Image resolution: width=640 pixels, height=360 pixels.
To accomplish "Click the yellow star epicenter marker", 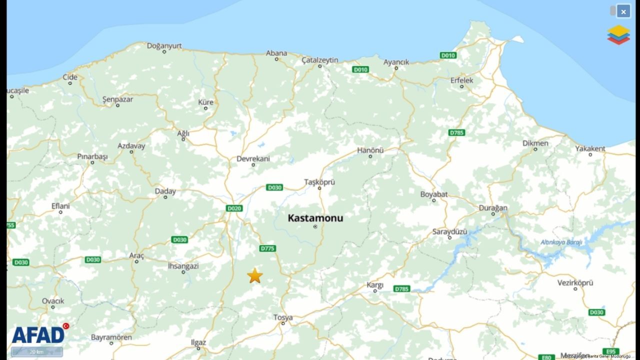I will coord(255,275).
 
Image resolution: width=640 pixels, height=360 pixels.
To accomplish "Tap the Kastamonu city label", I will coord(315,218).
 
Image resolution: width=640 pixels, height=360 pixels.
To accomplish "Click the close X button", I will coord(623,11).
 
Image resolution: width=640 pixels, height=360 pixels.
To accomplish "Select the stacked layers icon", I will coord(618,35).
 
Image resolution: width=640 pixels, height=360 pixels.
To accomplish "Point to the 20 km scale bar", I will coord(37,351).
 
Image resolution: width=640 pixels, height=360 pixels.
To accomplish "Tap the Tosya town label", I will coord(283,317).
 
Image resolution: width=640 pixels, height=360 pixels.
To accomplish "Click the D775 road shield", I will coord(268,248).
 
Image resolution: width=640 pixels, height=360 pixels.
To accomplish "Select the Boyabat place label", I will coord(434,194).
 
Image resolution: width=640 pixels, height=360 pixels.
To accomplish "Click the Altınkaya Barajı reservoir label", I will coord(561,242).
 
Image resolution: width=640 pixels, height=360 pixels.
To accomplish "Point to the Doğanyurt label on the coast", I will coord(164,45).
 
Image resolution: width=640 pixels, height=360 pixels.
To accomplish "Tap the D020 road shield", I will coord(234,208).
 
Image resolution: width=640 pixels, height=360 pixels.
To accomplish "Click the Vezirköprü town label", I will coord(575,282).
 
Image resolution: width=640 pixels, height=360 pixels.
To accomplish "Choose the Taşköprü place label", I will coord(319,182).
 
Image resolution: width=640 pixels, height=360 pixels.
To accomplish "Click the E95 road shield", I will coord(610,351).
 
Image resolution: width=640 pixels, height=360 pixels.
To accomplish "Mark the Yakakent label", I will coord(590,148).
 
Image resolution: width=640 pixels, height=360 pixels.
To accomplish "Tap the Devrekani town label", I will coord(253,158).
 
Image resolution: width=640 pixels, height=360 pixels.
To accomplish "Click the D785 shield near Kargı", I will coord(401,288).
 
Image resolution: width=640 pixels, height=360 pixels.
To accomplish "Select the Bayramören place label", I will coord(111,337).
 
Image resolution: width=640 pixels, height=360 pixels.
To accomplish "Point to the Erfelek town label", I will coord(461,80).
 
